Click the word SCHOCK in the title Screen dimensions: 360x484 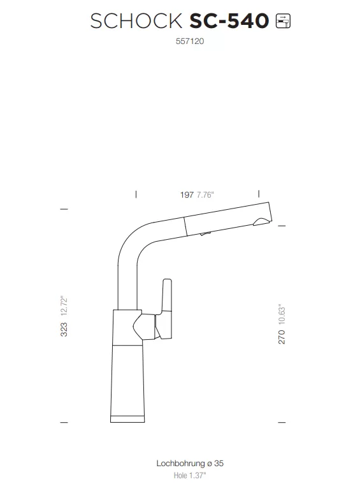point(136,21)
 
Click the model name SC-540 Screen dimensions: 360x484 point(229,21)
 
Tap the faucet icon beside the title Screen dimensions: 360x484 point(283,21)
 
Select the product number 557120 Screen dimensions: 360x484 point(190,41)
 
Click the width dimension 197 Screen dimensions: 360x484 point(187,194)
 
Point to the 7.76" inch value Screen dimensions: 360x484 point(205,194)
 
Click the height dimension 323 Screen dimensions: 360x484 point(64,329)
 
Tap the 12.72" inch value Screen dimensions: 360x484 point(64,306)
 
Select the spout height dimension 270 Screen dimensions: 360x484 point(282,337)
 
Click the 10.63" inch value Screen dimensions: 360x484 point(282,314)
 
